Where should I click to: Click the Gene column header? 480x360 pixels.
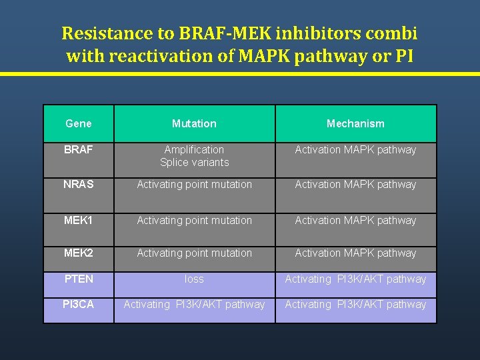[x=79, y=123]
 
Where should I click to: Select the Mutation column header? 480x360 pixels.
[x=194, y=123]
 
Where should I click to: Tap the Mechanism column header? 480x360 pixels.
[x=355, y=123]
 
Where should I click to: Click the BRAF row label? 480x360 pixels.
[x=79, y=150]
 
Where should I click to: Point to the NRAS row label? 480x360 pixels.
[x=79, y=185]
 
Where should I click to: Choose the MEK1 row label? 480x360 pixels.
[x=79, y=220]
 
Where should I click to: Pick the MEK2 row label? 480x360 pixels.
[x=79, y=253]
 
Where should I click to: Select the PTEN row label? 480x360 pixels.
[x=79, y=279]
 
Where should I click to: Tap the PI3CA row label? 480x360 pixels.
[x=79, y=305]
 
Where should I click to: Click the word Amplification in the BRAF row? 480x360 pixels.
[x=194, y=150]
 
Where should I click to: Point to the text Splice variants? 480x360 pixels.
[x=194, y=163]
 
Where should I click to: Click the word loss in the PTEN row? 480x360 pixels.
[x=194, y=279]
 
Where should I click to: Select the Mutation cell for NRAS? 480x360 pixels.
[x=194, y=185]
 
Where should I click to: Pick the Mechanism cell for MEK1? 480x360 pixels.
[x=355, y=221]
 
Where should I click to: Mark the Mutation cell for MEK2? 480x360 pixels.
[x=194, y=253]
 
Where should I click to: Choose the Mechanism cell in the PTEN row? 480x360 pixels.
[x=355, y=279]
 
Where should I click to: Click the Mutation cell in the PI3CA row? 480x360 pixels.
[x=194, y=305]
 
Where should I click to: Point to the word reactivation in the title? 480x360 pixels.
[x=158, y=56]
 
